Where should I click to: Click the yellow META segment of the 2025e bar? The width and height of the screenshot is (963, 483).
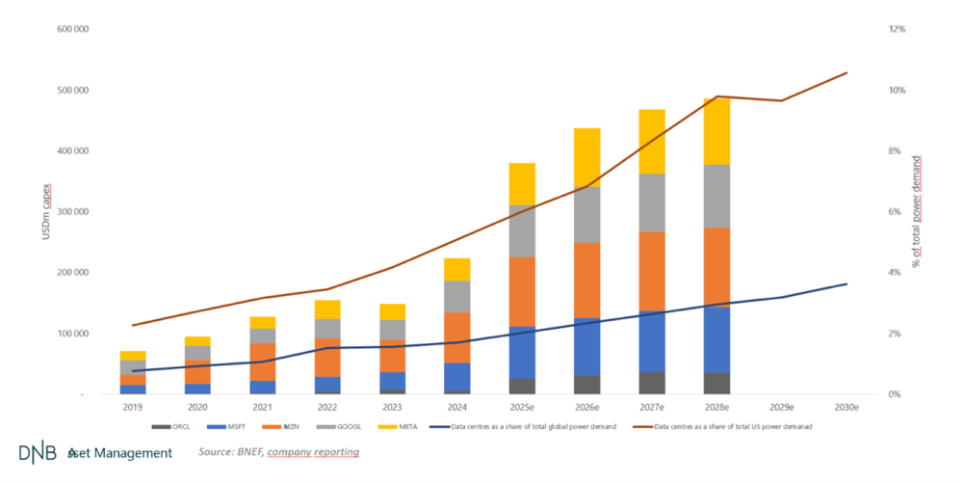(522, 183)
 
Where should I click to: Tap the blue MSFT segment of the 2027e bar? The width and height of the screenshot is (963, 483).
(652, 341)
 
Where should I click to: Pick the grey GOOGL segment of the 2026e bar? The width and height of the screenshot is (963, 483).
(586, 214)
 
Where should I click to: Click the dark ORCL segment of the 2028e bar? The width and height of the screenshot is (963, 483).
(716, 383)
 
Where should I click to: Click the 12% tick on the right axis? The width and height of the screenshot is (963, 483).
(897, 29)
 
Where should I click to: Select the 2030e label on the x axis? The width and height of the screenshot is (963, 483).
(846, 408)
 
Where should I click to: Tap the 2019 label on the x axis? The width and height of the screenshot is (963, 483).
(133, 408)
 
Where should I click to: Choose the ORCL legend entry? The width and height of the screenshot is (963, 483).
(172, 425)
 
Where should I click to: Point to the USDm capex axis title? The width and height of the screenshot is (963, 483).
(46, 210)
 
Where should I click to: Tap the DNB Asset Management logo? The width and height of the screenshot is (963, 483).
(95, 452)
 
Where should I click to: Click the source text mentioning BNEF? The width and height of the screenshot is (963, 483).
(279, 451)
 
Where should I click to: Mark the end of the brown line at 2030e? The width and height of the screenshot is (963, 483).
(847, 72)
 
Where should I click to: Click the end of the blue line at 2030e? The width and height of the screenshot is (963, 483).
(847, 283)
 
